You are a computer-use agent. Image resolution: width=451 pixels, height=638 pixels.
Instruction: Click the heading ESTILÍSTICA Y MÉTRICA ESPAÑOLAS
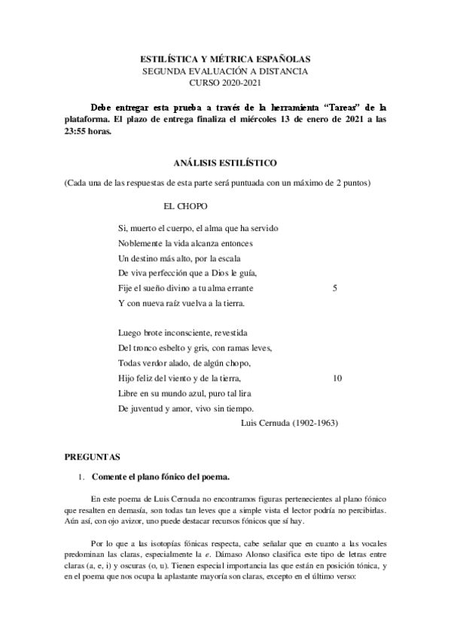[226, 58]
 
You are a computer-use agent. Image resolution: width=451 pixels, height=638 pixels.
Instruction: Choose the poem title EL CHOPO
[186, 205]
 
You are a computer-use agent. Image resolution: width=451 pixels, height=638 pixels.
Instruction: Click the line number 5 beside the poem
[334, 287]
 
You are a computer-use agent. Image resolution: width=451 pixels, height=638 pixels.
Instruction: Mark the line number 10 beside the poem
[337, 378]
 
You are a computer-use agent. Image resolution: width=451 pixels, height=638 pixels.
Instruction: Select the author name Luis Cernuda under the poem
[267, 423]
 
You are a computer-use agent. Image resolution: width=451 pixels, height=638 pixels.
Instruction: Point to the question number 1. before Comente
[82, 477]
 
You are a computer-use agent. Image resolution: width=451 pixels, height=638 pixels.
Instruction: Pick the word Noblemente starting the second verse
[140, 242]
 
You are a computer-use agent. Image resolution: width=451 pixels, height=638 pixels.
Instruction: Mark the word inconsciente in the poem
[183, 332]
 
